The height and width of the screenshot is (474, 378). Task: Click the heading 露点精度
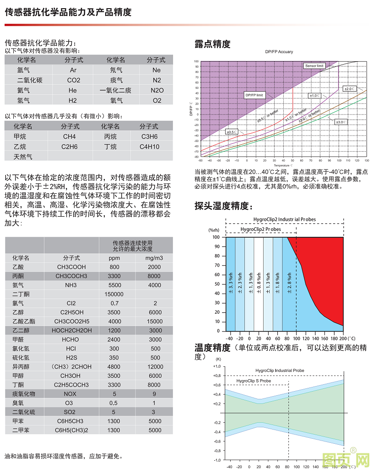pos(212,44)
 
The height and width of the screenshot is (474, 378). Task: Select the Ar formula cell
pos(73,70)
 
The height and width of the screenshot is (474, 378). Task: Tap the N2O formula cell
pos(157,90)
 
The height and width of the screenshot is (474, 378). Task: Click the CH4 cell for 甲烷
pos(70,136)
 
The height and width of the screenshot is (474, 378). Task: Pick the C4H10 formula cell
pos(150,147)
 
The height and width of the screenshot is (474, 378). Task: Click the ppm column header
pos(114,258)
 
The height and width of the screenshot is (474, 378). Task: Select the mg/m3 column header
pos(155,258)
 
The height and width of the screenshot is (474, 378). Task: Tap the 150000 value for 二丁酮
pos(114,294)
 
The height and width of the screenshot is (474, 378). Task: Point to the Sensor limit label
pos(314,66)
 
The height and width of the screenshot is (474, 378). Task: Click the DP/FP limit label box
pos(254,95)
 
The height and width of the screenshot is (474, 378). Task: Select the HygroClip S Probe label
pos(254,381)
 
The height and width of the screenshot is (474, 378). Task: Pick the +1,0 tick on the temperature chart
pos(216,366)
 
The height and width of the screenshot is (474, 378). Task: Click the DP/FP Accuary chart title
pos(279,52)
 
